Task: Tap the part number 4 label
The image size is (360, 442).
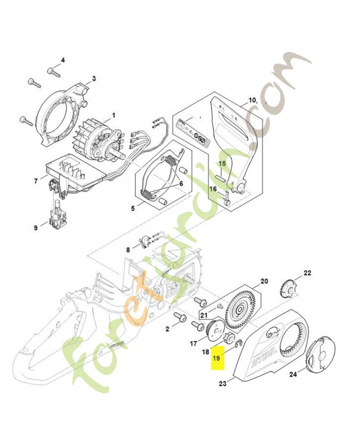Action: (x=62, y=60)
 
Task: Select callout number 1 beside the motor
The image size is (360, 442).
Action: (x=114, y=115)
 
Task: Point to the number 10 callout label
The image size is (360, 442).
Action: (x=252, y=101)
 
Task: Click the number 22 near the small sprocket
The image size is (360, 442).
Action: (x=308, y=273)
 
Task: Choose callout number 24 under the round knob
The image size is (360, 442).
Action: (x=293, y=374)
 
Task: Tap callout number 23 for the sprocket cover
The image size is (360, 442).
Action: (x=223, y=383)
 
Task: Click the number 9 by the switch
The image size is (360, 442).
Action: (x=36, y=227)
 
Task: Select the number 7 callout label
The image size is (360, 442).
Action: (x=36, y=181)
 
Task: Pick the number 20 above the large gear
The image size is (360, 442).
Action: (x=264, y=281)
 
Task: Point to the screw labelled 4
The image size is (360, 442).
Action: (x=54, y=71)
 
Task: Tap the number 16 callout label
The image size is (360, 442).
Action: (x=213, y=189)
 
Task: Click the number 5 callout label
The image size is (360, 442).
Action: (x=133, y=208)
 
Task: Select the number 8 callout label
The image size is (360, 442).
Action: (x=128, y=250)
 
